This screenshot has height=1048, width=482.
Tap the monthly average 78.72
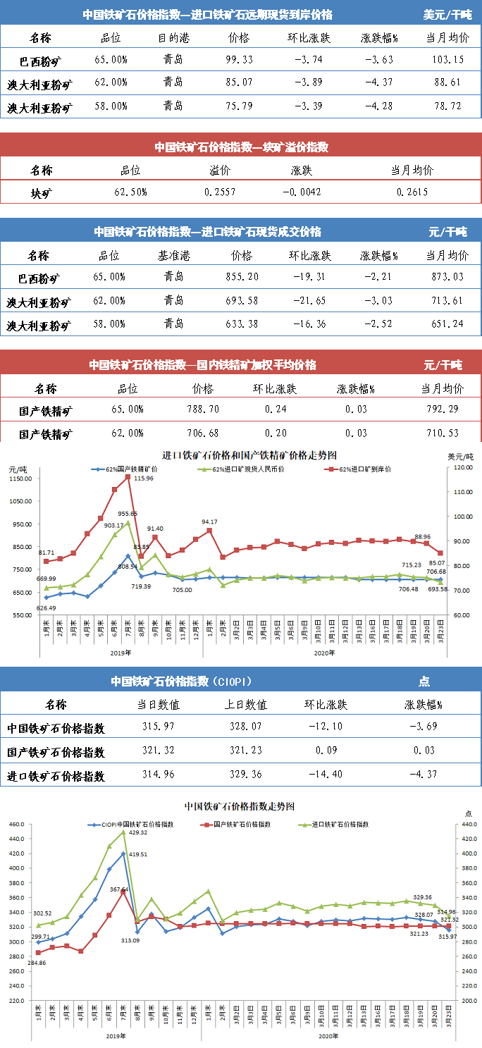(x=448, y=106)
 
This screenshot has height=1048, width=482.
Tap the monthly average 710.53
(x=441, y=432)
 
